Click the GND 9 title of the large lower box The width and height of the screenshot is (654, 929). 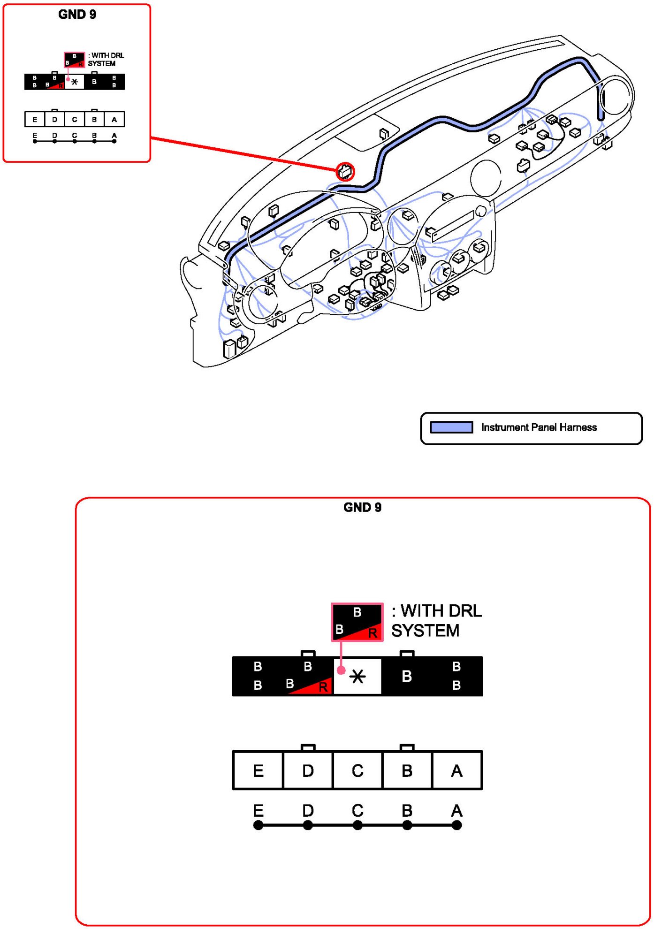[x=362, y=507]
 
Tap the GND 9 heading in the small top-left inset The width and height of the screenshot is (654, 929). [x=77, y=15]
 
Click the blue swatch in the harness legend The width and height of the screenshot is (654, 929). [x=451, y=427]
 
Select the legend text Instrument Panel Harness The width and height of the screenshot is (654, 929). [x=539, y=427]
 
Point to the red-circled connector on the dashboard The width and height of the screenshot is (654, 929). [x=345, y=172]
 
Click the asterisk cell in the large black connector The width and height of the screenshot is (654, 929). [x=357, y=676]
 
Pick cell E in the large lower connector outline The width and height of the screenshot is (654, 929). [x=258, y=771]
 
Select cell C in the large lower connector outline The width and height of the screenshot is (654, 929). [x=357, y=771]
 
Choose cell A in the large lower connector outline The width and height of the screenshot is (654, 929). [x=456, y=771]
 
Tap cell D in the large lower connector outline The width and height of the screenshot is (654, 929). [x=308, y=771]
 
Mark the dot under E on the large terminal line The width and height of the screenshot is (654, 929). [x=258, y=825]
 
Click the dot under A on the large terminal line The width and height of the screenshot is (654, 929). [x=456, y=825]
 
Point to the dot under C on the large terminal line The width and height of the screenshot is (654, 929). [x=357, y=825]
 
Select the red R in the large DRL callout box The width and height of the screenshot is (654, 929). [x=373, y=633]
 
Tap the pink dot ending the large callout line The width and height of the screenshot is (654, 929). [x=342, y=670]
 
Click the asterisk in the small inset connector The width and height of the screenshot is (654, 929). [x=75, y=82]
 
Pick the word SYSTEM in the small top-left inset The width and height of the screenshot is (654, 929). [x=101, y=64]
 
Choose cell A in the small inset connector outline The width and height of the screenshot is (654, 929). [x=114, y=120]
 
